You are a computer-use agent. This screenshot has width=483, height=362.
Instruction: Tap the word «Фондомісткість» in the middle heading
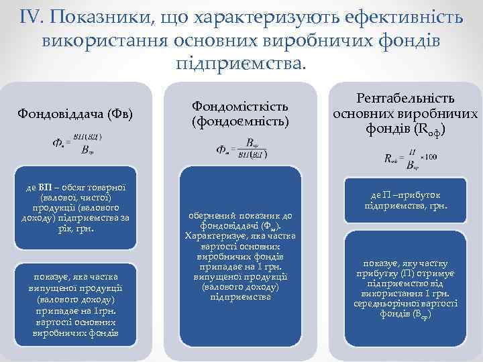click(240, 106)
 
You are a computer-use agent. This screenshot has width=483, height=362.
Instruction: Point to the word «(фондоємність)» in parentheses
click(240, 122)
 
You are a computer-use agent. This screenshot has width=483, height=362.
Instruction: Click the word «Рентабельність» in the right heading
click(405, 98)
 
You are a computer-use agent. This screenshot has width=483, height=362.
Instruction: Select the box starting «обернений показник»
click(240, 255)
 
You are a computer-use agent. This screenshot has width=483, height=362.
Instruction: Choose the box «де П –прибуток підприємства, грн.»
click(406, 200)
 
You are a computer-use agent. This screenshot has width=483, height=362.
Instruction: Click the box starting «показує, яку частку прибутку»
click(406, 288)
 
